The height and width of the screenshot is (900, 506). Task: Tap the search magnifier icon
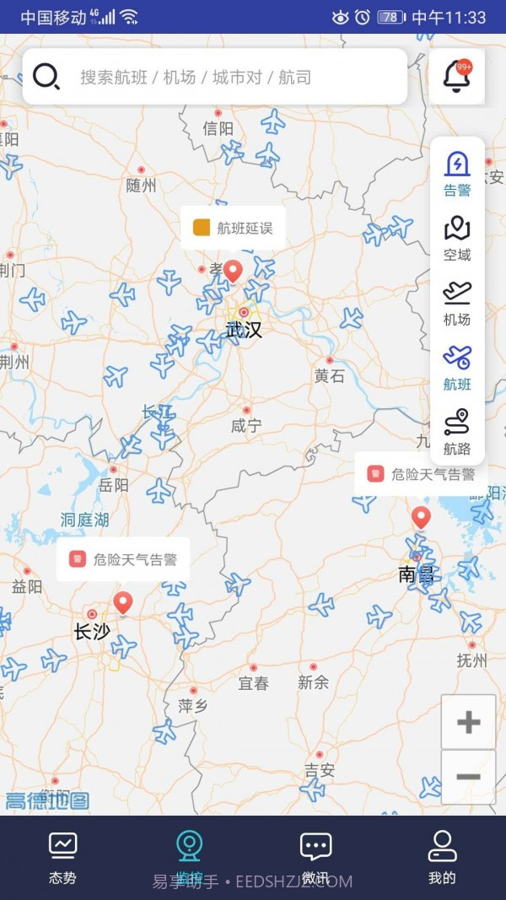click(46, 77)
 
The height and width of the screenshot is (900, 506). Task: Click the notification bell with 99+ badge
click(456, 77)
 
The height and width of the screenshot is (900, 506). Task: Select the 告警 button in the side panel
click(457, 173)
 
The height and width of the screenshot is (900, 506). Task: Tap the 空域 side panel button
click(457, 238)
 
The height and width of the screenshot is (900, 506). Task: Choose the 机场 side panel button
click(457, 303)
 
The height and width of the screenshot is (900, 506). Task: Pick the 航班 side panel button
click(457, 368)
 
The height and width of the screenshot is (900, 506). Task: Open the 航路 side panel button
click(457, 433)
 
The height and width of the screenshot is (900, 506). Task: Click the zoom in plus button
click(468, 722)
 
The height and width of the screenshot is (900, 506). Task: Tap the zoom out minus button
click(468, 777)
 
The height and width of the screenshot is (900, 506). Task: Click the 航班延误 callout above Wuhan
click(233, 228)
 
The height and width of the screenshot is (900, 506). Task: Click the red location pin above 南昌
click(421, 517)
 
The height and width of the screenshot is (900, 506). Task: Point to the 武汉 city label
click(244, 330)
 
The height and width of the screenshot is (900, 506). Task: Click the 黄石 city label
click(330, 376)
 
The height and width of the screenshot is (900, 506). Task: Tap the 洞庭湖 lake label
click(84, 520)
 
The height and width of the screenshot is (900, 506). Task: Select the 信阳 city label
click(218, 128)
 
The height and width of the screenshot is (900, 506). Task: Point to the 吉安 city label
click(320, 770)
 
